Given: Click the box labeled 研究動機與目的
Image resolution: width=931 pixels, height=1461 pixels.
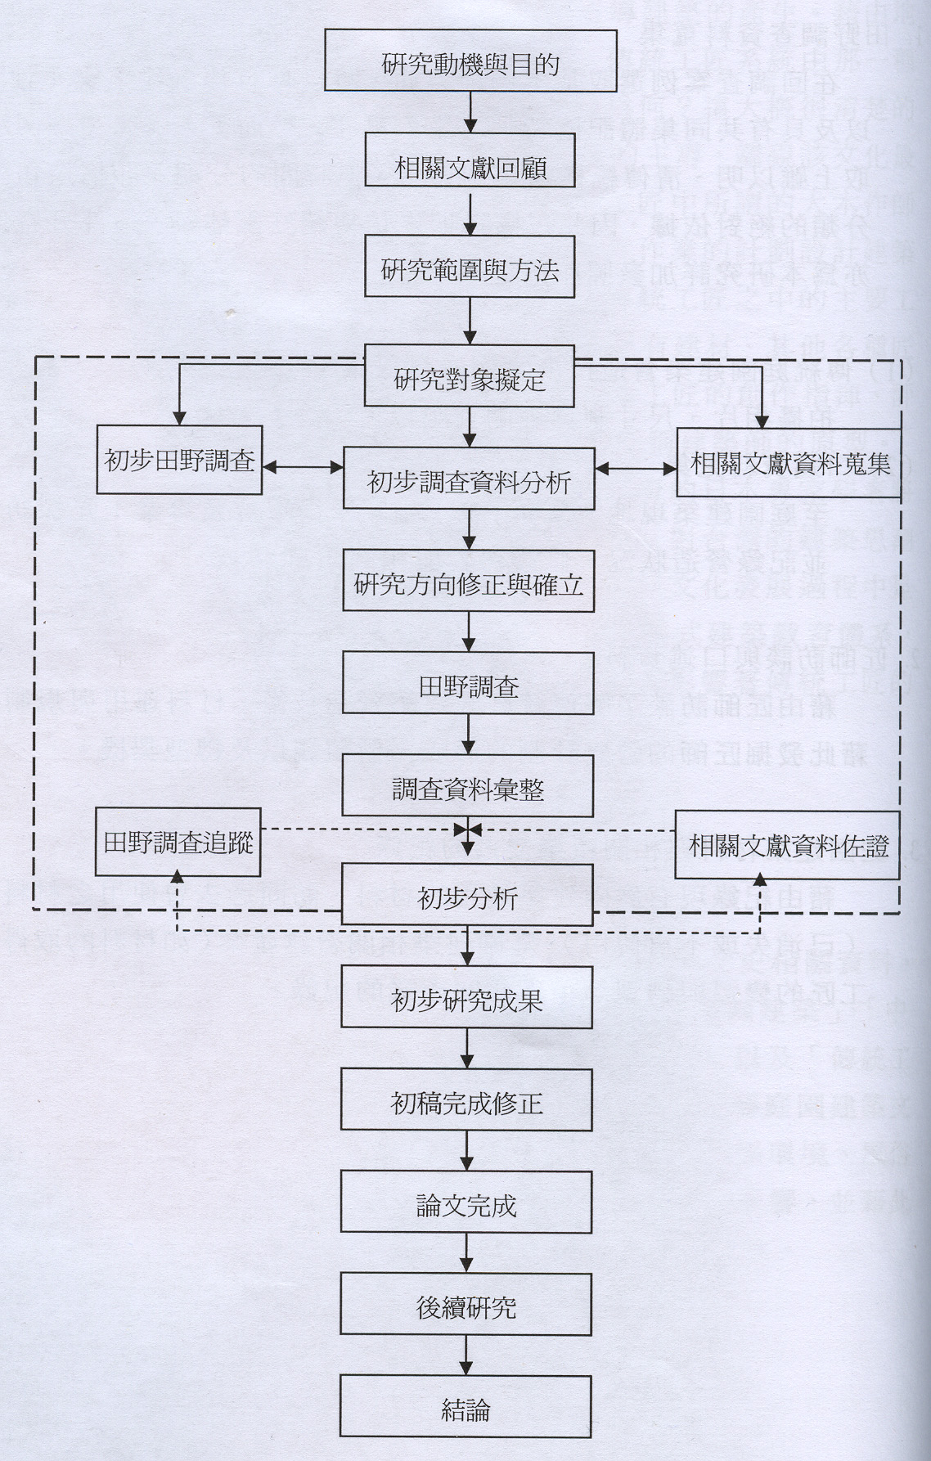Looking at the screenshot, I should click(x=470, y=61).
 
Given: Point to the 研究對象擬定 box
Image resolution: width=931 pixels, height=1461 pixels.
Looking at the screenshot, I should click(x=469, y=376).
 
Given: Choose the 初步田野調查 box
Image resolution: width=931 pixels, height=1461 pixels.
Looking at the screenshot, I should click(x=179, y=460).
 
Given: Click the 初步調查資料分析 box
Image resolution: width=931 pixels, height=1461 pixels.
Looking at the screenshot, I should click(x=469, y=479).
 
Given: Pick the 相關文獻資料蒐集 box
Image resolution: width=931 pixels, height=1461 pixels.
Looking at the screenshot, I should click(x=789, y=463).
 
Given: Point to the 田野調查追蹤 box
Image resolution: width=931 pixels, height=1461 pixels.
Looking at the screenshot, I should click(x=178, y=843).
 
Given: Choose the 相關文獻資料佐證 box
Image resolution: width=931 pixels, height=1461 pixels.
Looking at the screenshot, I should click(x=787, y=845).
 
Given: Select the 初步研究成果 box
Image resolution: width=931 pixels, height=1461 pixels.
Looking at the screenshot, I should click(x=466, y=997).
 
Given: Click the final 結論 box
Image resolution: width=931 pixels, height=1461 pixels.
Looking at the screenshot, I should click(x=465, y=1406).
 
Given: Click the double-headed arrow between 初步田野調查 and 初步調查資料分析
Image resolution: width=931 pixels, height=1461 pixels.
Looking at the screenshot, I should click(x=303, y=468).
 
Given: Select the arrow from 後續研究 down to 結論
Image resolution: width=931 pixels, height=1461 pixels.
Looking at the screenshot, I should click(x=465, y=1355).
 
